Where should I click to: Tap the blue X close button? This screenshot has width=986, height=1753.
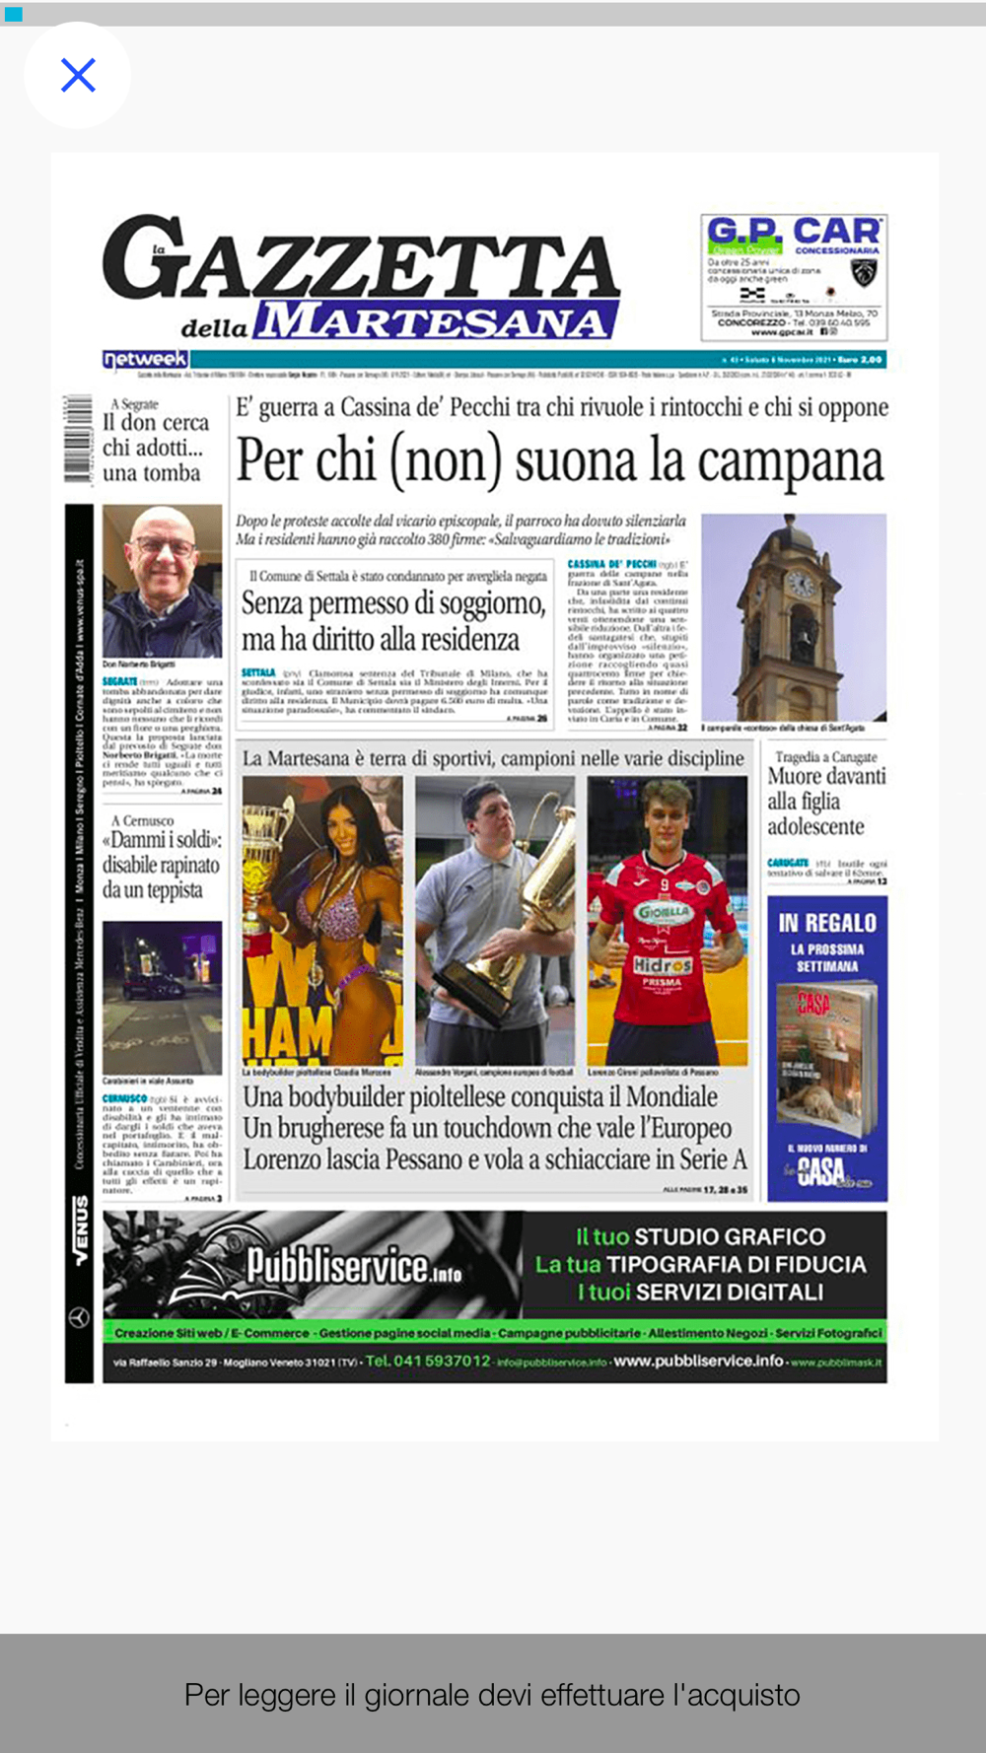pyautogui.click(x=78, y=75)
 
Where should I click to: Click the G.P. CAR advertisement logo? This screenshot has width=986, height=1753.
pyautogui.click(x=793, y=233)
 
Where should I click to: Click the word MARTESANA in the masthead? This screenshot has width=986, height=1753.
pyautogui.click(x=434, y=321)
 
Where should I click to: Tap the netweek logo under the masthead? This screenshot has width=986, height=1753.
pyautogui.click(x=145, y=359)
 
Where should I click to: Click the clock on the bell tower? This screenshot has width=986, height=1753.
pyautogui.click(x=800, y=584)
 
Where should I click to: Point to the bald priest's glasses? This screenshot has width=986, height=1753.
pyautogui.click(x=163, y=545)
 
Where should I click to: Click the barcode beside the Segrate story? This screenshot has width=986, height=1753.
pyautogui.click(x=77, y=438)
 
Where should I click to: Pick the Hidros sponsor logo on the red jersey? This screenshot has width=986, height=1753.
pyautogui.click(x=663, y=965)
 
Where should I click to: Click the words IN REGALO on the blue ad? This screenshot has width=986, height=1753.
pyautogui.click(x=826, y=923)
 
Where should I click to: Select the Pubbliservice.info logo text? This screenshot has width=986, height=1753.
pyautogui.click(x=353, y=1266)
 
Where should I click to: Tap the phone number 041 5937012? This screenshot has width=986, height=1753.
pyautogui.click(x=428, y=1361)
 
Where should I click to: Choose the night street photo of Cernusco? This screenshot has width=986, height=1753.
pyautogui.click(x=162, y=998)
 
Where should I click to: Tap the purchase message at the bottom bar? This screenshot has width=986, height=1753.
pyautogui.click(x=492, y=1695)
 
